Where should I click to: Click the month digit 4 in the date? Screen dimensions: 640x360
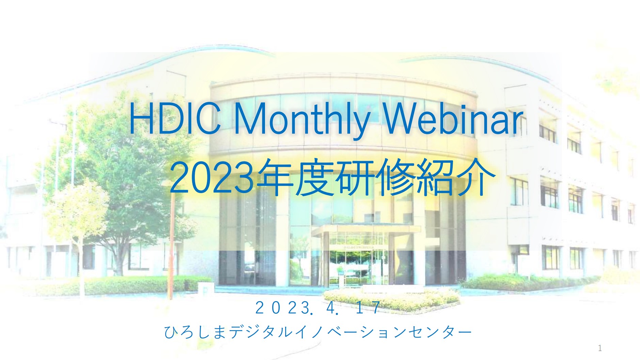coord(330,308)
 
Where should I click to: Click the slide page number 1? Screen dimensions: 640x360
coord(600,348)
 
